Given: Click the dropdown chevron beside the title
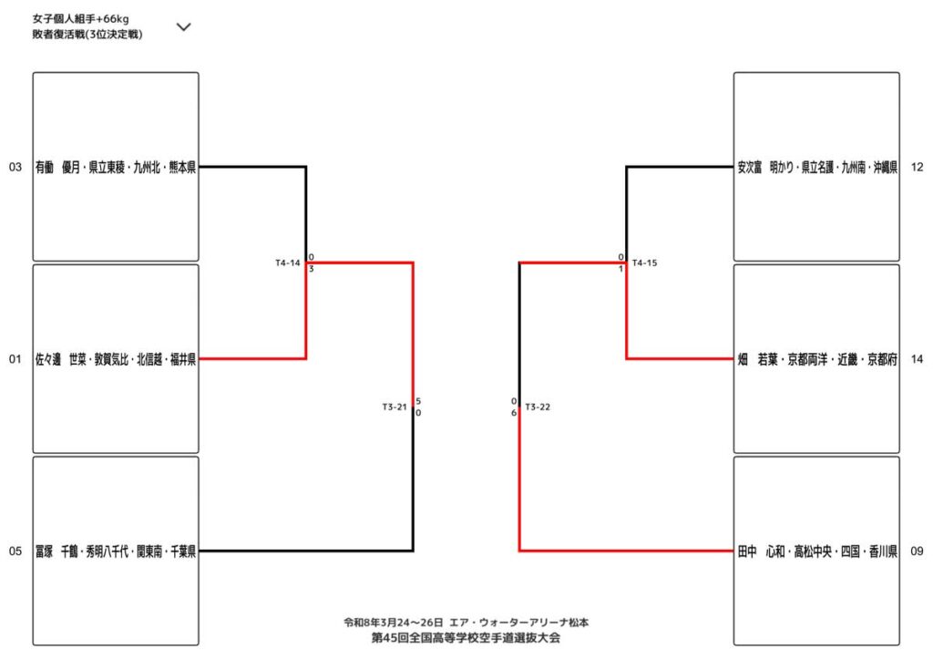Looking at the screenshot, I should (183, 26).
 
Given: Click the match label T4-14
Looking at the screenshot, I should (288, 263).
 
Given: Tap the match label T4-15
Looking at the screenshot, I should (644, 263).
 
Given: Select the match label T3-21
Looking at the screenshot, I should (395, 407).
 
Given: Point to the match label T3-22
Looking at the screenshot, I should (538, 407).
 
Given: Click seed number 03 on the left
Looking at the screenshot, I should (15, 168).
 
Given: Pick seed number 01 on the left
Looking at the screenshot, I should (15, 359).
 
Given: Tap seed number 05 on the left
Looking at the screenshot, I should (15, 551).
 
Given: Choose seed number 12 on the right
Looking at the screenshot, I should (917, 168).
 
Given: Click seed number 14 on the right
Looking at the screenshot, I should (917, 359).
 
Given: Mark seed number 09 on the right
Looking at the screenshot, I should (917, 551).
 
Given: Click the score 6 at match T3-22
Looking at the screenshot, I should (514, 413).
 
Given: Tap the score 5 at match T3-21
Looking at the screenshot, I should (418, 401).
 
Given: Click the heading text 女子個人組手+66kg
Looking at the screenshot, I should (79, 18).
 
